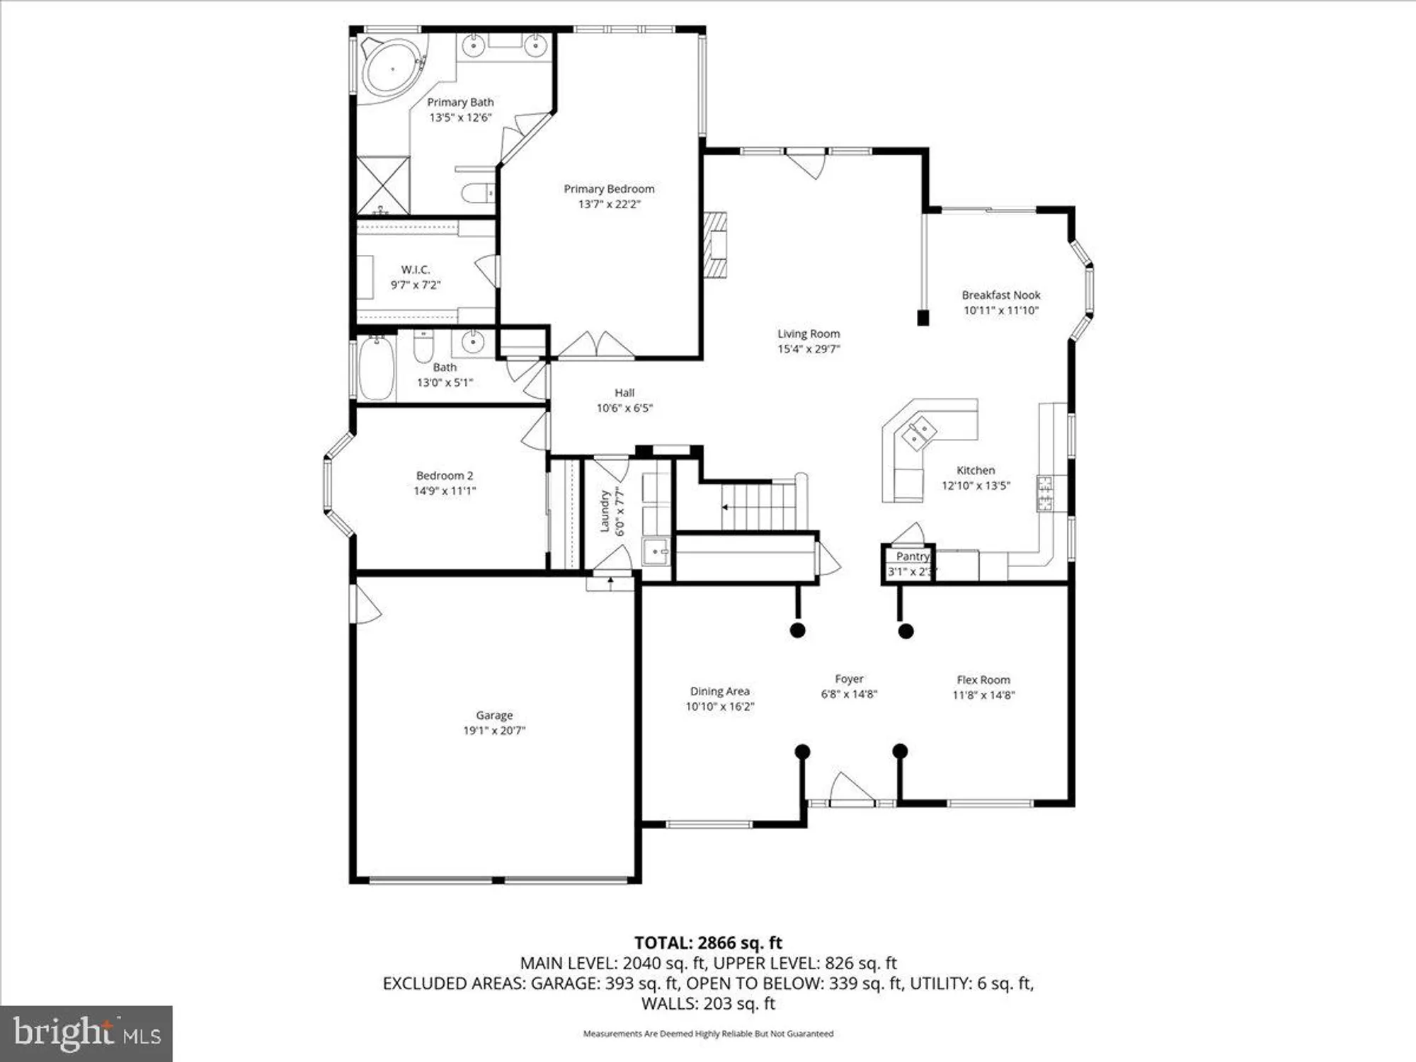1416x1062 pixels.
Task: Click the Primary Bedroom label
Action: pos(609,189)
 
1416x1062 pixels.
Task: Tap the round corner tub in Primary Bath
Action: pos(391,67)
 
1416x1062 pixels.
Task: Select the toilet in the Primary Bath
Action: pos(477,192)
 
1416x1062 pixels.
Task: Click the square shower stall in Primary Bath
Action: pos(383,185)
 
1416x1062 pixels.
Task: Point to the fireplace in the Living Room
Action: pos(715,244)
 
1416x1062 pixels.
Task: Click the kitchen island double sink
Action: pos(918,433)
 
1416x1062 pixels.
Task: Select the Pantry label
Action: pos(913,556)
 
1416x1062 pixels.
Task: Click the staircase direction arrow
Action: pos(726,507)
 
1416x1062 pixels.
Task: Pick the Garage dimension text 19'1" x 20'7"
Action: pos(494,731)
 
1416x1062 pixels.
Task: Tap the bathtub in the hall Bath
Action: pos(376,369)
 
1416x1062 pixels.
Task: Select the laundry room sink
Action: pos(655,550)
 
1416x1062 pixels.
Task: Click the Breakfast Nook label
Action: pos(1000,295)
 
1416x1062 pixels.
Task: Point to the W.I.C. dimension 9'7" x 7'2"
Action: pos(416,285)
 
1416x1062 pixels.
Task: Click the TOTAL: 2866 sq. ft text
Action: pos(708,943)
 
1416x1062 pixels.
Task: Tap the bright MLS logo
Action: pos(86,1034)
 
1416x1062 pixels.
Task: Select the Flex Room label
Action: pos(983,680)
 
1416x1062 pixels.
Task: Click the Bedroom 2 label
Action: pos(445,476)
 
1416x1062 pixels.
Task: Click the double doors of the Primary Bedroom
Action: pos(596,345)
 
